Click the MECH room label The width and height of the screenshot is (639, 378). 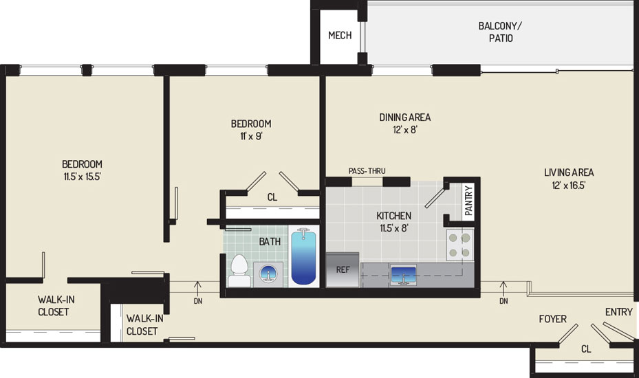(x=340, y=36)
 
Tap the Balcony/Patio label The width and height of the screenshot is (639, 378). (x=501, y=32)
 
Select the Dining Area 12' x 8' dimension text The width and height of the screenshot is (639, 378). (x=405, y=130)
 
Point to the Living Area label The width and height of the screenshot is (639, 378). (x=569, y=173)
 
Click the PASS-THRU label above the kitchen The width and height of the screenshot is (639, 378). (x=367, y=171)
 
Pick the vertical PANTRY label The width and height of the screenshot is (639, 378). (x=468, y=201)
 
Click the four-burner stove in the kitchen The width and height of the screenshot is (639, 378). (x=459, y=245)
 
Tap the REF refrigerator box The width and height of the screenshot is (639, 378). (x=343, y=269)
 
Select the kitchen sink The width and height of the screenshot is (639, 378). (x=402, y=276)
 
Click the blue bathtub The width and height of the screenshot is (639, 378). (x=303, y=256)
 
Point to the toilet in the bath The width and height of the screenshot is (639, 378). (x=239, y=271)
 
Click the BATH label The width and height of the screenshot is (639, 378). (x=270, y=241)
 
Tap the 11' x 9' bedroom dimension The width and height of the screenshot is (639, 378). (x=251, y=136)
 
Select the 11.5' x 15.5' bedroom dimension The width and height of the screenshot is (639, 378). (x=83, y=177)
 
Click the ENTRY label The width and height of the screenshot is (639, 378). (x=618, y=312)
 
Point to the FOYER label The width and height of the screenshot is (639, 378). (x=552, y=319)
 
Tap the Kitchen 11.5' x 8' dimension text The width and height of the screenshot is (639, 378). (x=393, y=228)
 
